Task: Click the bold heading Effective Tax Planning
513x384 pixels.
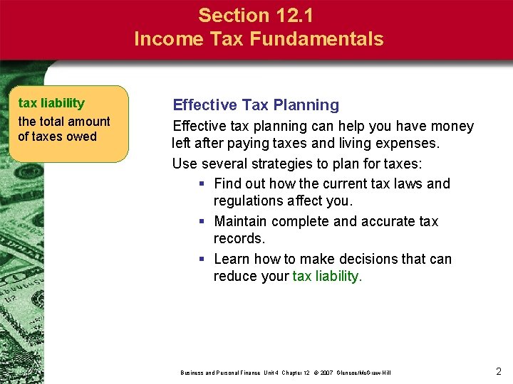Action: pyautogui.click(x=256, y=105)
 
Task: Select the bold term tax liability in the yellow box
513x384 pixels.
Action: pyautogui.click(x=51, y=103)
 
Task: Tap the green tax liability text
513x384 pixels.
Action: pyautogui.click(x=327, y=276)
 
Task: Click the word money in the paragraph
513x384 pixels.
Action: pyautogui.click(x=452, y=127)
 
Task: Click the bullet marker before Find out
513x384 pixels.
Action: pyautogui.click(x=203, y=184)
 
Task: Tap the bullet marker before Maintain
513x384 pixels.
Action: pyautogui.click(x=203, y=222)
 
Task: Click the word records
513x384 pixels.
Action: pyautogui.click(x=239, y=239)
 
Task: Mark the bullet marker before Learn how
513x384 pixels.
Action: pyautogui.click(x=203, y=260)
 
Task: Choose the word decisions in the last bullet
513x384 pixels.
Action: pyautogui.click(x=370, y=259)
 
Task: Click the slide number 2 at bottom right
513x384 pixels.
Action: pyautogui.click(x=499, y=370)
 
